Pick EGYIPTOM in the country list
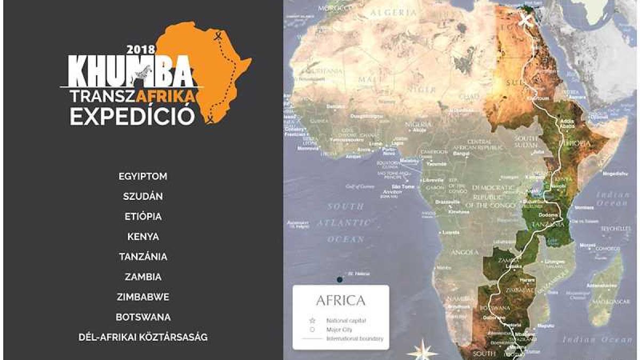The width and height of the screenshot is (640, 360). pos(143,176)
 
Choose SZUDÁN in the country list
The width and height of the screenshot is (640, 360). pos(143,196)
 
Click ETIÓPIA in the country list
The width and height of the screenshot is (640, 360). pos(143,217)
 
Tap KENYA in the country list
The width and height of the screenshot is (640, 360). pos(143,236)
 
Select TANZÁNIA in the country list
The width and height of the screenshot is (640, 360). pos(143,257)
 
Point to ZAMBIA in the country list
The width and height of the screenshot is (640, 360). pos(143,277)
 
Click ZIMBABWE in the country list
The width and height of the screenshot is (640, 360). pos(143,297)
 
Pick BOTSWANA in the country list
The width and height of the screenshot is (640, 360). pos(143,317)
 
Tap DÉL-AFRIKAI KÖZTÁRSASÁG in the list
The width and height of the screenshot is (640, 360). pos(143,337)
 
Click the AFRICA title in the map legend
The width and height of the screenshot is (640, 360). pos(341,300)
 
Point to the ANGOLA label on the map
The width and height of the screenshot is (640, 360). pos(466,252)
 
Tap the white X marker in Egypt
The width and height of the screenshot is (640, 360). pos(527,21)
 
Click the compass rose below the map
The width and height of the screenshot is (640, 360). pos(422,350)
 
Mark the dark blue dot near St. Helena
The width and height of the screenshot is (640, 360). pos(339,279)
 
